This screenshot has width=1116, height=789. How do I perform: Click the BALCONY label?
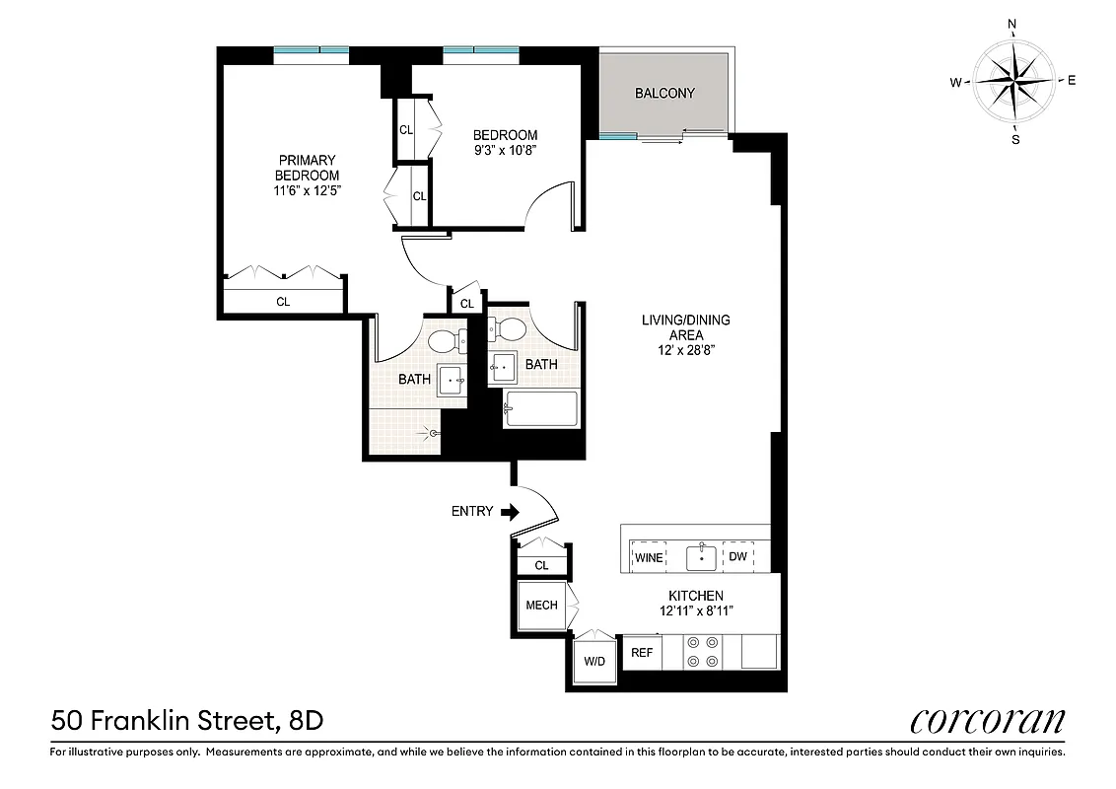(x=664, y=94)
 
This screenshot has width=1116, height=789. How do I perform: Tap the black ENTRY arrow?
(x=510, y=512)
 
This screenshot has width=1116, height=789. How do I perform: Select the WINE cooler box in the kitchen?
(x=649, y=557)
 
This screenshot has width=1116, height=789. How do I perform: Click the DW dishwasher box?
(x=737, y=557)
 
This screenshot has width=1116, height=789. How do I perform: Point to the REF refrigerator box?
(x=642, y=653)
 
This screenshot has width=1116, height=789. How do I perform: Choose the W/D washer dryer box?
(x=594, y=660)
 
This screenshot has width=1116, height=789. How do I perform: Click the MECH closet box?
(x=541, y=606)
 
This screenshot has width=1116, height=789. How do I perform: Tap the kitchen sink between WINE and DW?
(x=701, y=556)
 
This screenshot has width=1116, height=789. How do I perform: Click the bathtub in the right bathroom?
(x=540, y=409)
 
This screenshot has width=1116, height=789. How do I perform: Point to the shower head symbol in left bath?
(x=430, y=431)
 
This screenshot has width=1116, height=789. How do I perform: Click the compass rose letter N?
(x=1012, y=24)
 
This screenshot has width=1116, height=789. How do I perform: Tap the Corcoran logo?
(x=987, y=721)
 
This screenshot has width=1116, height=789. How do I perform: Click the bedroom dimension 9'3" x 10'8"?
(x=505, y=150)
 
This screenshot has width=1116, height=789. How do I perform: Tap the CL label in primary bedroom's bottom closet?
(x=283, y=302)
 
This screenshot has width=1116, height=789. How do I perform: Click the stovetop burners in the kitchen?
(x=701, y=652)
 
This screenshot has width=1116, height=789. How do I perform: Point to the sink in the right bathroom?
(x=504, y=365)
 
